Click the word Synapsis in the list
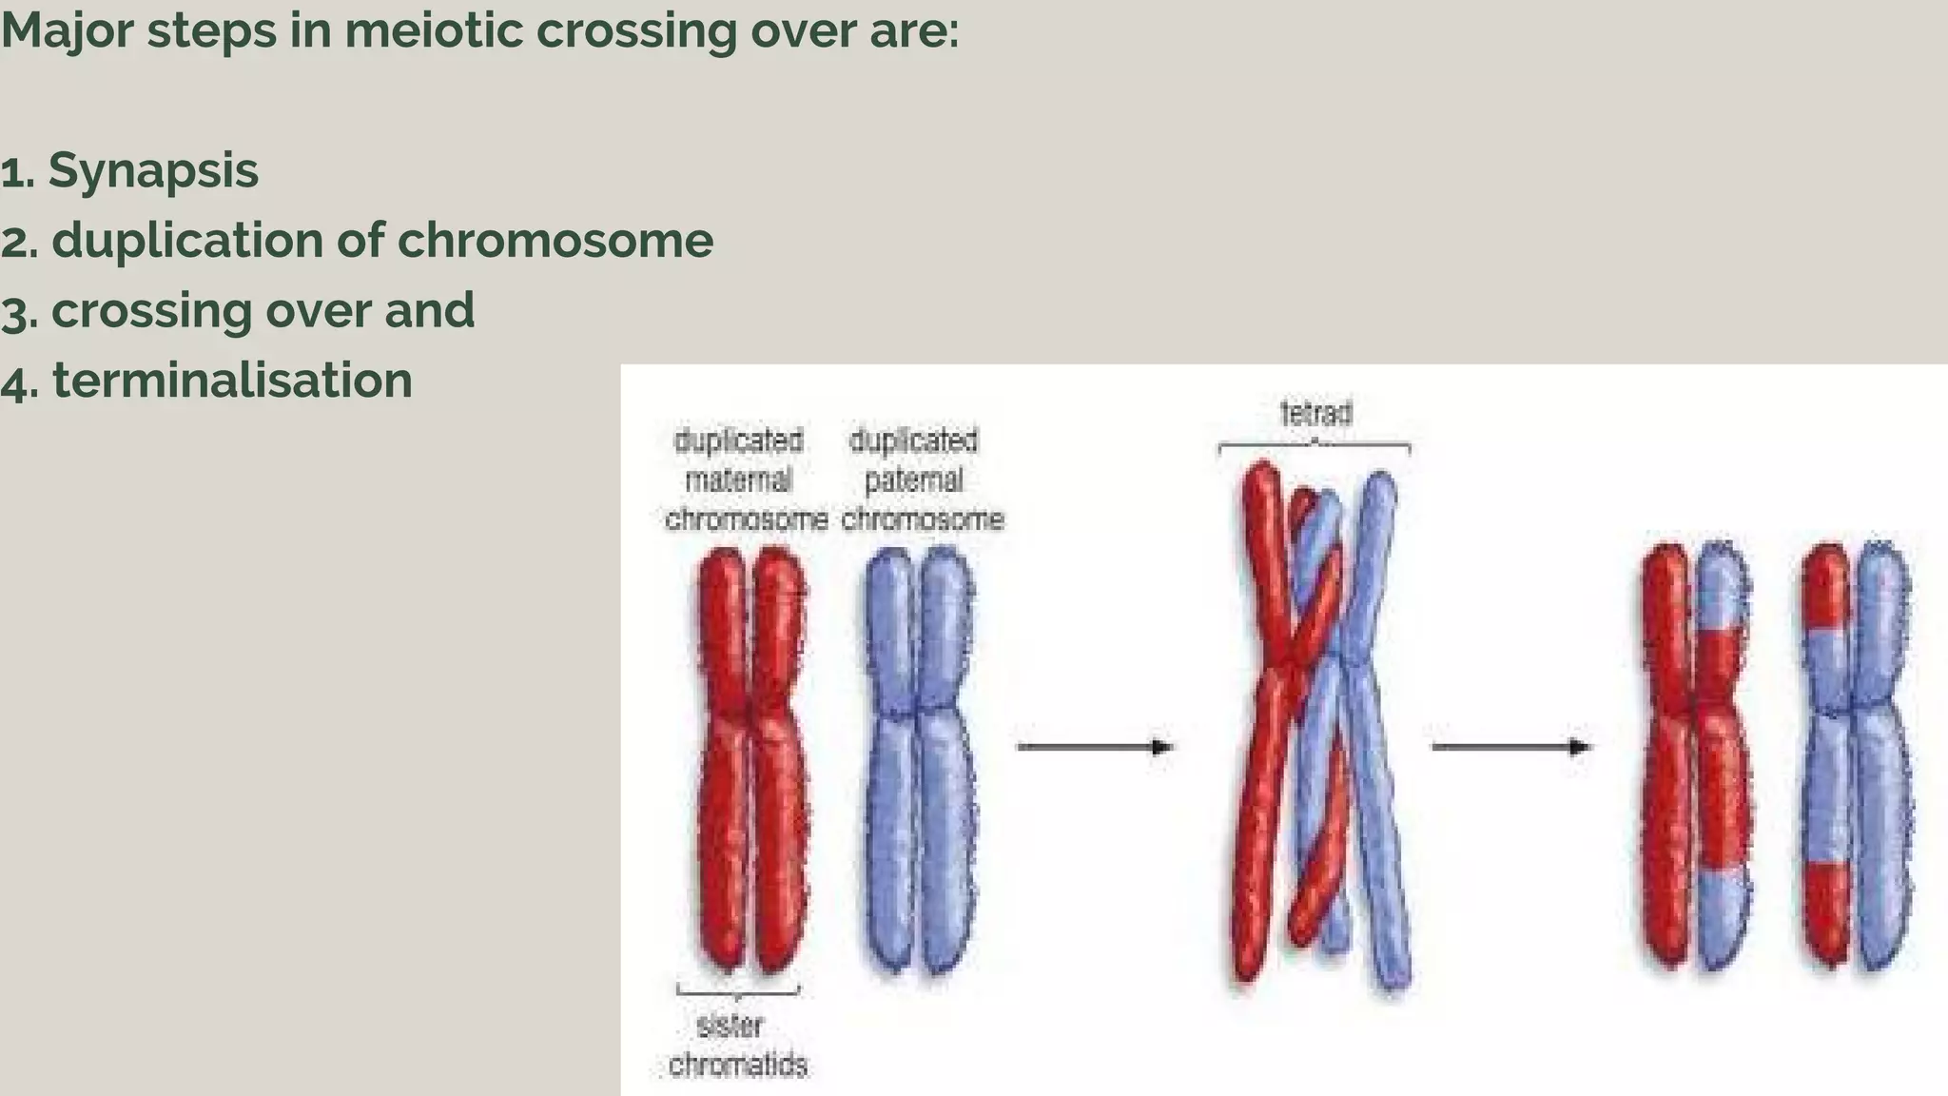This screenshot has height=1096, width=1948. [x=153, y=171]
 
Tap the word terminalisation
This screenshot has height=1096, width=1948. [x=232, y=381]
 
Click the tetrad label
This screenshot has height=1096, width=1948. [x=1315, y=414]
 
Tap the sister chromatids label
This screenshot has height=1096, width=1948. [x=737, y=1046]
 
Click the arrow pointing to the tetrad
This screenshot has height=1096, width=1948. [x=1095, y=747]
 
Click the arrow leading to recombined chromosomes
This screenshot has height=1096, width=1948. [x=1510, y=747]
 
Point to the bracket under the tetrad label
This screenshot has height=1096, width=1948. [x=1314, y=445]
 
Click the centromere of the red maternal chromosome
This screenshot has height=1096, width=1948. [x=751, y=709]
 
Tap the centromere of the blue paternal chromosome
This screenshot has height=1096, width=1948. [x=915, y=709]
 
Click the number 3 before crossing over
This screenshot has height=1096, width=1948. [x=13, y=312]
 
